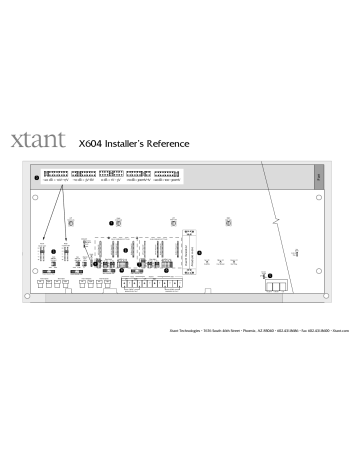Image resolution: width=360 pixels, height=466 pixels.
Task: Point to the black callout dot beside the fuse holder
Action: (x=262, y=246)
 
